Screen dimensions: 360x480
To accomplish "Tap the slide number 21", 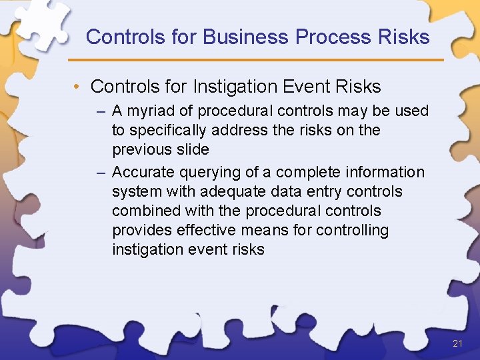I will click(457, 344).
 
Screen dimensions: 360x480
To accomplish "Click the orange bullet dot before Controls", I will click(78, 87).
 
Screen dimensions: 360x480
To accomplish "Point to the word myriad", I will click(161, 111).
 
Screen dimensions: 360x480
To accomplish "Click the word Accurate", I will click(143, 172).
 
